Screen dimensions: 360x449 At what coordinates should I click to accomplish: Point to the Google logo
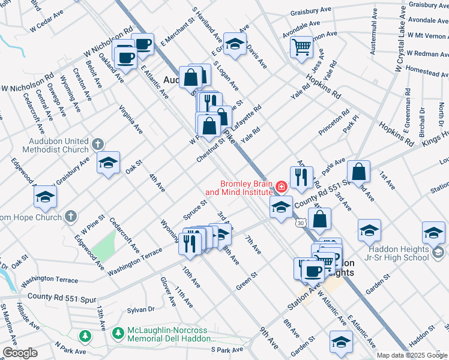(20, 353)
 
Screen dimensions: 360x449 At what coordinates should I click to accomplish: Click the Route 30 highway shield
(300, 223)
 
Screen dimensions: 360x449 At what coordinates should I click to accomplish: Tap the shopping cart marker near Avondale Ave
(301, 47)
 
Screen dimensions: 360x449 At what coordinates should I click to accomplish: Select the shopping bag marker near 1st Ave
(358, 172)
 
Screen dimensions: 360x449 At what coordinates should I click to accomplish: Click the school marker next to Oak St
(108, 163)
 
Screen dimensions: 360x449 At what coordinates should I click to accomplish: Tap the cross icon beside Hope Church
(71, 216)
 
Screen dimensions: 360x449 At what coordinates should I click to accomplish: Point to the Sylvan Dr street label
(141, 310)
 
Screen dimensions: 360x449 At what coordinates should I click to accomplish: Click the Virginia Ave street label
(130, 120)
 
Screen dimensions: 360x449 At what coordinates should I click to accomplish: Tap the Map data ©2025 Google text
(411, 355)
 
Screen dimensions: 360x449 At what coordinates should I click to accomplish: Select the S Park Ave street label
(226, 349)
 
